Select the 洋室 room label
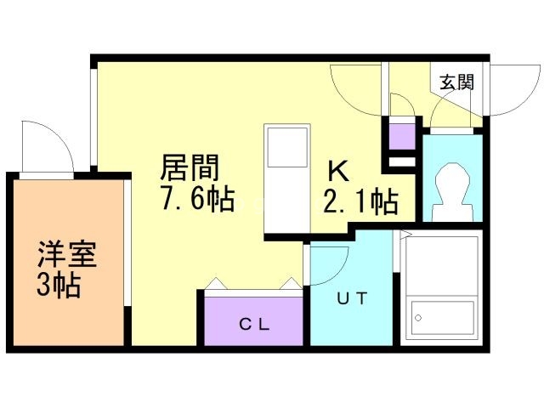[x=66, y=255]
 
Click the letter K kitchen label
[x=337, y=171]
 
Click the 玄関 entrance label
[x=456, y=82]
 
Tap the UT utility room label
[x=351, y=298]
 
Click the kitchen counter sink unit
[x=287, y=178]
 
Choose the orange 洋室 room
[x=68, y=263]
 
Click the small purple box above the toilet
[x=402, y=136]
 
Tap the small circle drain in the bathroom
[x=418, y=319]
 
